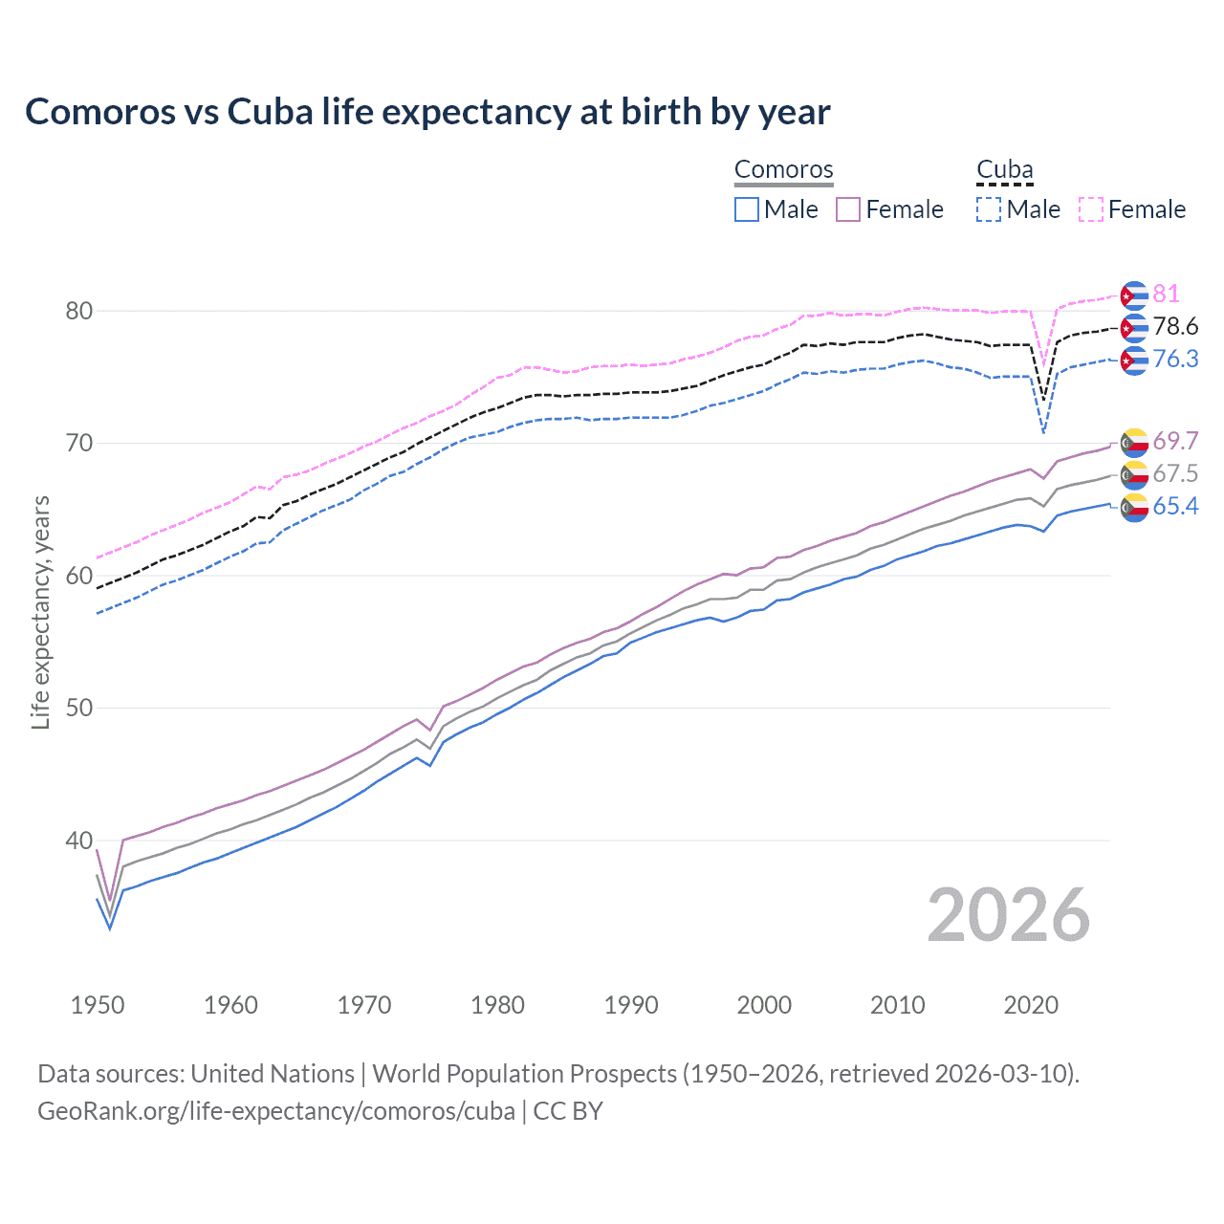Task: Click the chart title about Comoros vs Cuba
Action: pos(427,112)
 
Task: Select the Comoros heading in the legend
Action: pos(783,169)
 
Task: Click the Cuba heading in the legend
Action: pos(1004,169)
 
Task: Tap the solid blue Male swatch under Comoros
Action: pos(747,209)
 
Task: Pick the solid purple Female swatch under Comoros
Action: pos(848,209)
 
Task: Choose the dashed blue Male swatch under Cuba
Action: pos(989,209)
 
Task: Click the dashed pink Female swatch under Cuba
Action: pos(1091,209)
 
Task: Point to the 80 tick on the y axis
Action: pos(79,311)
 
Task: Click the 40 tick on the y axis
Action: pos(79,841)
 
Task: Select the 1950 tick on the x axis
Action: pos(98,1005)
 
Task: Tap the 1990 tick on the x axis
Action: pos(631,1005)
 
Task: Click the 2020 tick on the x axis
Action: pos(1031,1005)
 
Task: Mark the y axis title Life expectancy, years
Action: pos(40,612)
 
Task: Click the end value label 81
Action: pos(1166,294)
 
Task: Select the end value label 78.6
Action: pos(1175,327)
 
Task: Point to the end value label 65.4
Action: pos(1175,506)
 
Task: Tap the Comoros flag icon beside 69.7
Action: pos(1134,442)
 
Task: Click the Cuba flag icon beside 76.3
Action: pos(1134,361)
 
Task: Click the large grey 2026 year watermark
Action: pos(1009,915)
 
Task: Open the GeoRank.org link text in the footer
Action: pos(275,1111)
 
